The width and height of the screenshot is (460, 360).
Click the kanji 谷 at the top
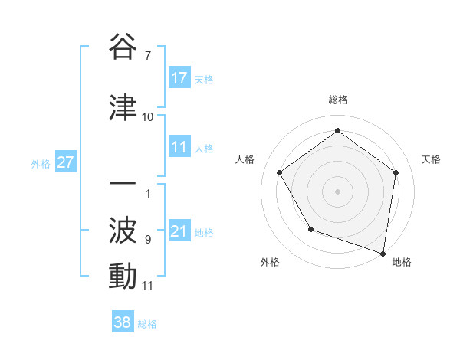click(123, 47)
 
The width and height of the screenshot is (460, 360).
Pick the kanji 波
click(123, 230)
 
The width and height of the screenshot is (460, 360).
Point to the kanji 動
click(123, 276)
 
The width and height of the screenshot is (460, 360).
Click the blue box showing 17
click(179, 78)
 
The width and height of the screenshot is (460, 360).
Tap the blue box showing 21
click(179, 231)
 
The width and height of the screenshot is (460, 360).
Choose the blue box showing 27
click(65, 162)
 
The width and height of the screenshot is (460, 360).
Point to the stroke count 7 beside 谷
click(147, 56)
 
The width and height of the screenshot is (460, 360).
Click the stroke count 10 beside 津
click(147, 117)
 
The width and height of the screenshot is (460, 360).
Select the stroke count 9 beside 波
click(147, 240)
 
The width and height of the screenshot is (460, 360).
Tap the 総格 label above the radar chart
click(338, 100)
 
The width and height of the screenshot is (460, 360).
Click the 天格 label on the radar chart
click(432, 159)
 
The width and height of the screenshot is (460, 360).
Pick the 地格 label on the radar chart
click(402, 262)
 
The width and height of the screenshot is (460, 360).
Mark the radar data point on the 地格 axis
click(383, 253)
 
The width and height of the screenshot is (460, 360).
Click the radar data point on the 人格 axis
click(280, 173)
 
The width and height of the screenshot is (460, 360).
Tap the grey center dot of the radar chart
click(337, 191)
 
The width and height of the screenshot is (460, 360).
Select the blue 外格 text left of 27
click(41, 163)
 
